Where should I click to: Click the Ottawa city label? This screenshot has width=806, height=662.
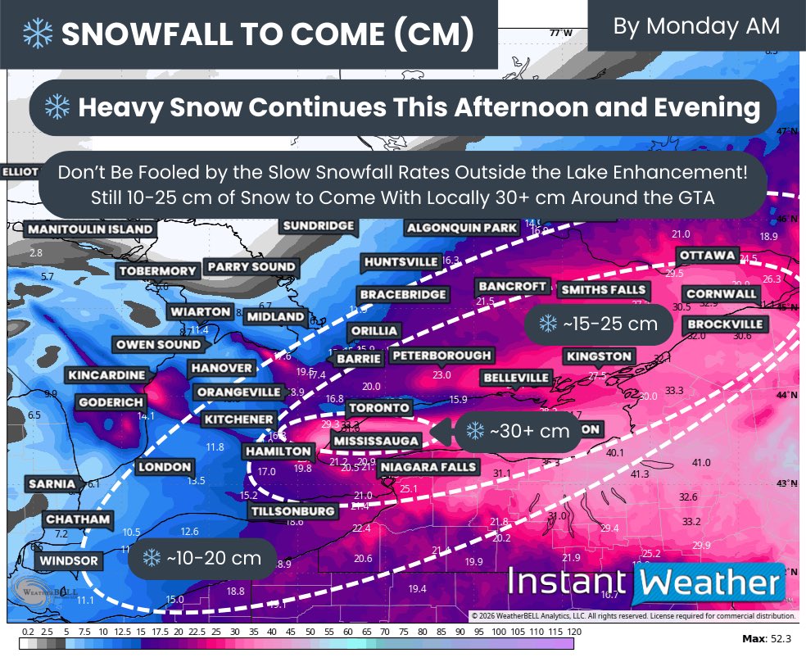[708, 256]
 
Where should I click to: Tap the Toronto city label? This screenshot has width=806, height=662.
[378, 407]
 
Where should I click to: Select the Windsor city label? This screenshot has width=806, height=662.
[68, 561]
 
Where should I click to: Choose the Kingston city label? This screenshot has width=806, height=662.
[599, 356]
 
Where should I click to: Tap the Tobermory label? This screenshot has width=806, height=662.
[158, 271]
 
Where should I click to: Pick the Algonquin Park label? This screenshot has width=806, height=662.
[462, 228]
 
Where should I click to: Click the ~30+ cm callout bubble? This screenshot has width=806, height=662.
[518, 430]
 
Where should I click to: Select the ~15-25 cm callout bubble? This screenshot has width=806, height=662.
[598, 324]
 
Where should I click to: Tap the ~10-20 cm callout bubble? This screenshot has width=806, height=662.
[201, 558]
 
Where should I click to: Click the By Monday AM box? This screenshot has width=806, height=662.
[696, 26]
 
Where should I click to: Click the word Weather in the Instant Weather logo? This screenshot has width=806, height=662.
[709, 583]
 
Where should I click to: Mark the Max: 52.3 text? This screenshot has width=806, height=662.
[768, 637]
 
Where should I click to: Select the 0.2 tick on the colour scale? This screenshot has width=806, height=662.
[27, 632]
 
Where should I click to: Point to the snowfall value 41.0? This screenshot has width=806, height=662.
[701, 463]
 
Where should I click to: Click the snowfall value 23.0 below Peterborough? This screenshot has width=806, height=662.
[441, 374]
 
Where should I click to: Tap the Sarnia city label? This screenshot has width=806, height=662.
[52, 484]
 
